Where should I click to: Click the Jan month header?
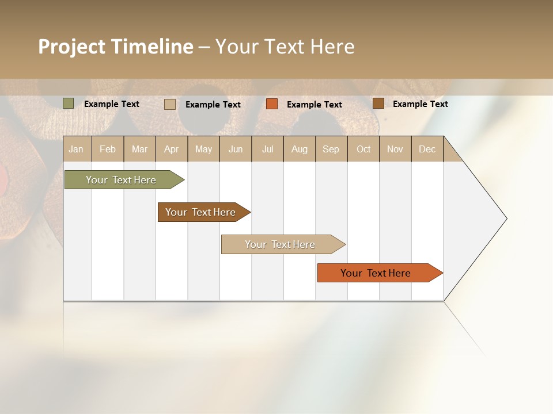tap(76, 149)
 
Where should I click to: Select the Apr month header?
tap(171, 149)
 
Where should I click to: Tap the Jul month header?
tap(267, 149)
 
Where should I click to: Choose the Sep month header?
tap(331, 149)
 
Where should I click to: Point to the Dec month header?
tap(427, 149)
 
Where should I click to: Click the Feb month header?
tap(108, 149)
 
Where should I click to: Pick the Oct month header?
tap(363, 149)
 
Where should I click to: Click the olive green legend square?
tap(69, 103)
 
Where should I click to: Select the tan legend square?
tap(170, 104)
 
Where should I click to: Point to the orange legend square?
tap(272, 104)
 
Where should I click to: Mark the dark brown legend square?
tap(378, 103)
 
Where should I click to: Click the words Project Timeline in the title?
tap(116, 47)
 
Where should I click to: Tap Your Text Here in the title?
tap(285, 47)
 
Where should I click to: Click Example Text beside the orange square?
tap(314, 105)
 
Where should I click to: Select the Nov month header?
tap(395, 149)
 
